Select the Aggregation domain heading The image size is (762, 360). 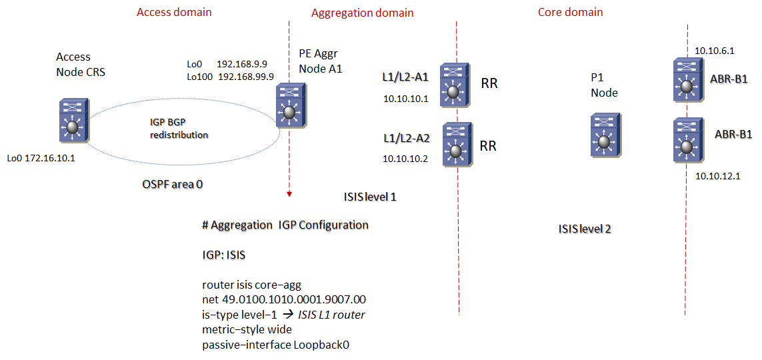(x=362, y=13)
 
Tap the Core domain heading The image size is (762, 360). (x=570, y=12)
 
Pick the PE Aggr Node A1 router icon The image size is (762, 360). (x=289, y=106)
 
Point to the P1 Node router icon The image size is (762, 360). (x=603, y=135)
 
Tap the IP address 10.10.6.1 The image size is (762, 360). (x=714, y=51)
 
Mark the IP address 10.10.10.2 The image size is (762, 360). (x=405, y=158)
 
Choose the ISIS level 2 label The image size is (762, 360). (x=585, y=229)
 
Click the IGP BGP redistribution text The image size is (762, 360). (x=179, y=129)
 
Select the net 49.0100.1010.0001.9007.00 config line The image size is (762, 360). (x=283, y=299)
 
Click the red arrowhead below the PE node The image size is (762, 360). (x=289, y=194)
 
